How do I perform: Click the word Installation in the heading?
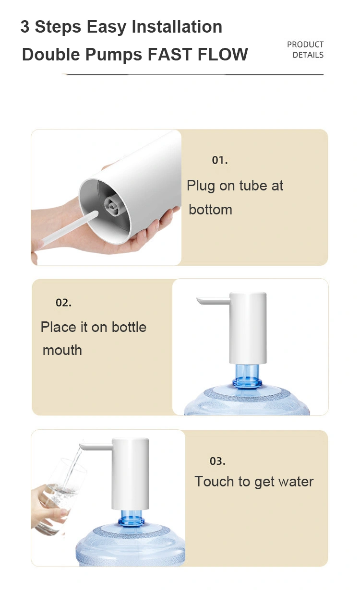(x=177, y=27)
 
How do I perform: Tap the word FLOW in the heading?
(x=223, y=54)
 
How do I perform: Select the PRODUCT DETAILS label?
(x=305, y=49)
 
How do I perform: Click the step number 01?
(x=220, y=160)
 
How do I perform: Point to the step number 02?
(x=63, y=302)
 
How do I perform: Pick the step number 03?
(x=217, y=461)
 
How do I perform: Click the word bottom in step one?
(x=211, y=210)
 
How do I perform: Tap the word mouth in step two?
(x=62, y=351)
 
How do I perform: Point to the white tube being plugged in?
(x=69, y=228)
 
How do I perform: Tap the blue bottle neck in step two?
(x=247, y=376)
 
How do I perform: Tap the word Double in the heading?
(x=51, y=54)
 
